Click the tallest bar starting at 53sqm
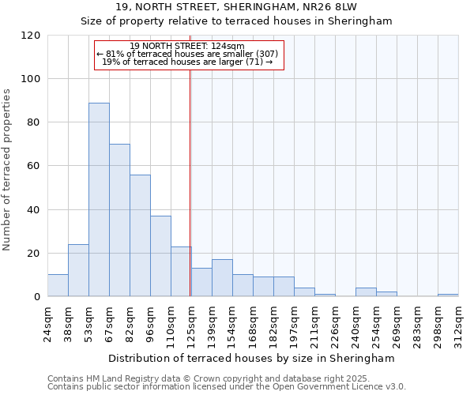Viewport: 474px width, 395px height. click(99, 199)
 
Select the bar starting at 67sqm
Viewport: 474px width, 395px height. click(119, 220)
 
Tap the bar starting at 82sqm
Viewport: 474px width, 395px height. click(140, 235)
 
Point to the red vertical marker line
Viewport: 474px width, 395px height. click(190, 182)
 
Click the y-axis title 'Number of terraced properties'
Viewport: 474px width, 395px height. click(7, 170)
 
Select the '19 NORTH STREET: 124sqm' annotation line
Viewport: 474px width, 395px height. click(187, 47)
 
